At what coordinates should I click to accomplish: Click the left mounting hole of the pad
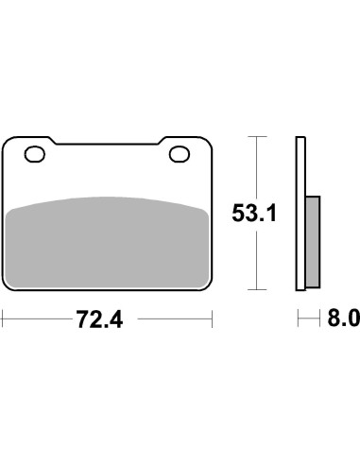(x=35, y=154)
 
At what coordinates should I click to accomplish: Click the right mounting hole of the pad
(x=180, y=154)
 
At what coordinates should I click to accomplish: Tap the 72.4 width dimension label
(x=99, y=319)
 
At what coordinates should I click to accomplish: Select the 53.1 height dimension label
(x=254, y=213)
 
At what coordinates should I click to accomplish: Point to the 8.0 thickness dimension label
(x=344, y=319)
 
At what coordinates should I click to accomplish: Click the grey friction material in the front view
(x=108, y=243)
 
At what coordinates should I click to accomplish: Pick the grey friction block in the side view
(x=313, y=242)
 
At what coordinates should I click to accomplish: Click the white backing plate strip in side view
(x=300, y=214)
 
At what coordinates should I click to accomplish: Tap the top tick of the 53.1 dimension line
(x=257, y=136)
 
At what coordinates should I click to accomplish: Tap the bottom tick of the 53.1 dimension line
(x=257, y=289)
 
